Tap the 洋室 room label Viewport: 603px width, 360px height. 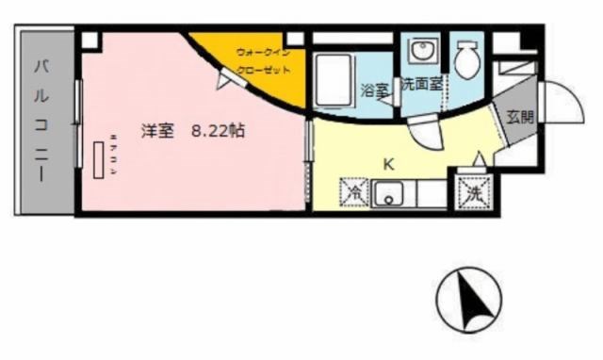click(157, 132)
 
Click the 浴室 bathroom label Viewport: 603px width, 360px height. click(374, 90)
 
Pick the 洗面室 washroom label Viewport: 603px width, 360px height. click(421, 85)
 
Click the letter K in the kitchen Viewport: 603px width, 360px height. click(387, 162)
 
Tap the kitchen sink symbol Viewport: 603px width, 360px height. click(387, 194)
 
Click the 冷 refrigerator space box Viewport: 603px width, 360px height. click(355, 193)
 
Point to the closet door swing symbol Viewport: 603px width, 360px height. click(229, 81)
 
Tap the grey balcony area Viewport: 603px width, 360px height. click(43, 170)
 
